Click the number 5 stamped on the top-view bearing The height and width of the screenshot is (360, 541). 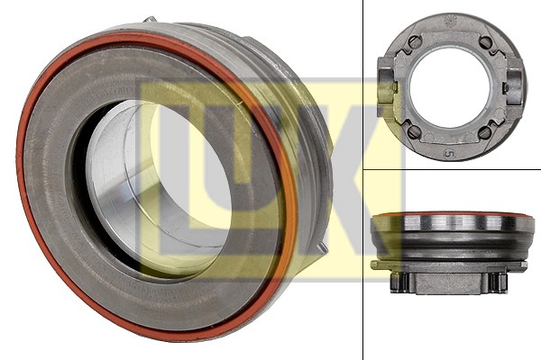(x=448, y=154)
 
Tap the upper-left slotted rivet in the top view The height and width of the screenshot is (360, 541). (x=414, y=42)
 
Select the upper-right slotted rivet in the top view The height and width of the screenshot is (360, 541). (x=485, y=42)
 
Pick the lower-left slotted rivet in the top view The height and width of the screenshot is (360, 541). (x=414, y=131)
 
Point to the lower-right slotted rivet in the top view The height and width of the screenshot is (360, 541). (x=485, y=131)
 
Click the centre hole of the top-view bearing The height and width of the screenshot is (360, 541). (x=450, y=86)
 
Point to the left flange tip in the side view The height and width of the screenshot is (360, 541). (x=374, y=265)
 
